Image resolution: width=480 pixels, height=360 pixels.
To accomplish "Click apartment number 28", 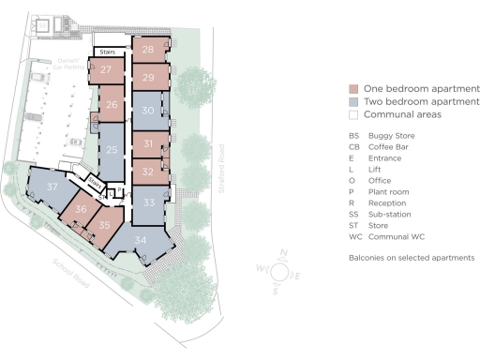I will [148, 50].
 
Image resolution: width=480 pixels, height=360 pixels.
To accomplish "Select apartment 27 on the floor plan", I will [107, 70].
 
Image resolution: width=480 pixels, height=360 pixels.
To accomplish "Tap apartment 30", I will [148, 111].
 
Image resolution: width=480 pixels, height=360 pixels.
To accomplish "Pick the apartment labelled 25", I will [112, 150].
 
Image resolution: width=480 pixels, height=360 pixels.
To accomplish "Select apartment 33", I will [148, 202].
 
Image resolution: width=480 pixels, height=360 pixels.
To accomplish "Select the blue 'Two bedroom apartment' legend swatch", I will [353, 100].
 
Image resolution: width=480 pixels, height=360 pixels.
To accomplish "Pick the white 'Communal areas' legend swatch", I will [353, 114].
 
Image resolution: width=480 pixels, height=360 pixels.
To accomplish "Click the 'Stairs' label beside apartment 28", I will [107, 52].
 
